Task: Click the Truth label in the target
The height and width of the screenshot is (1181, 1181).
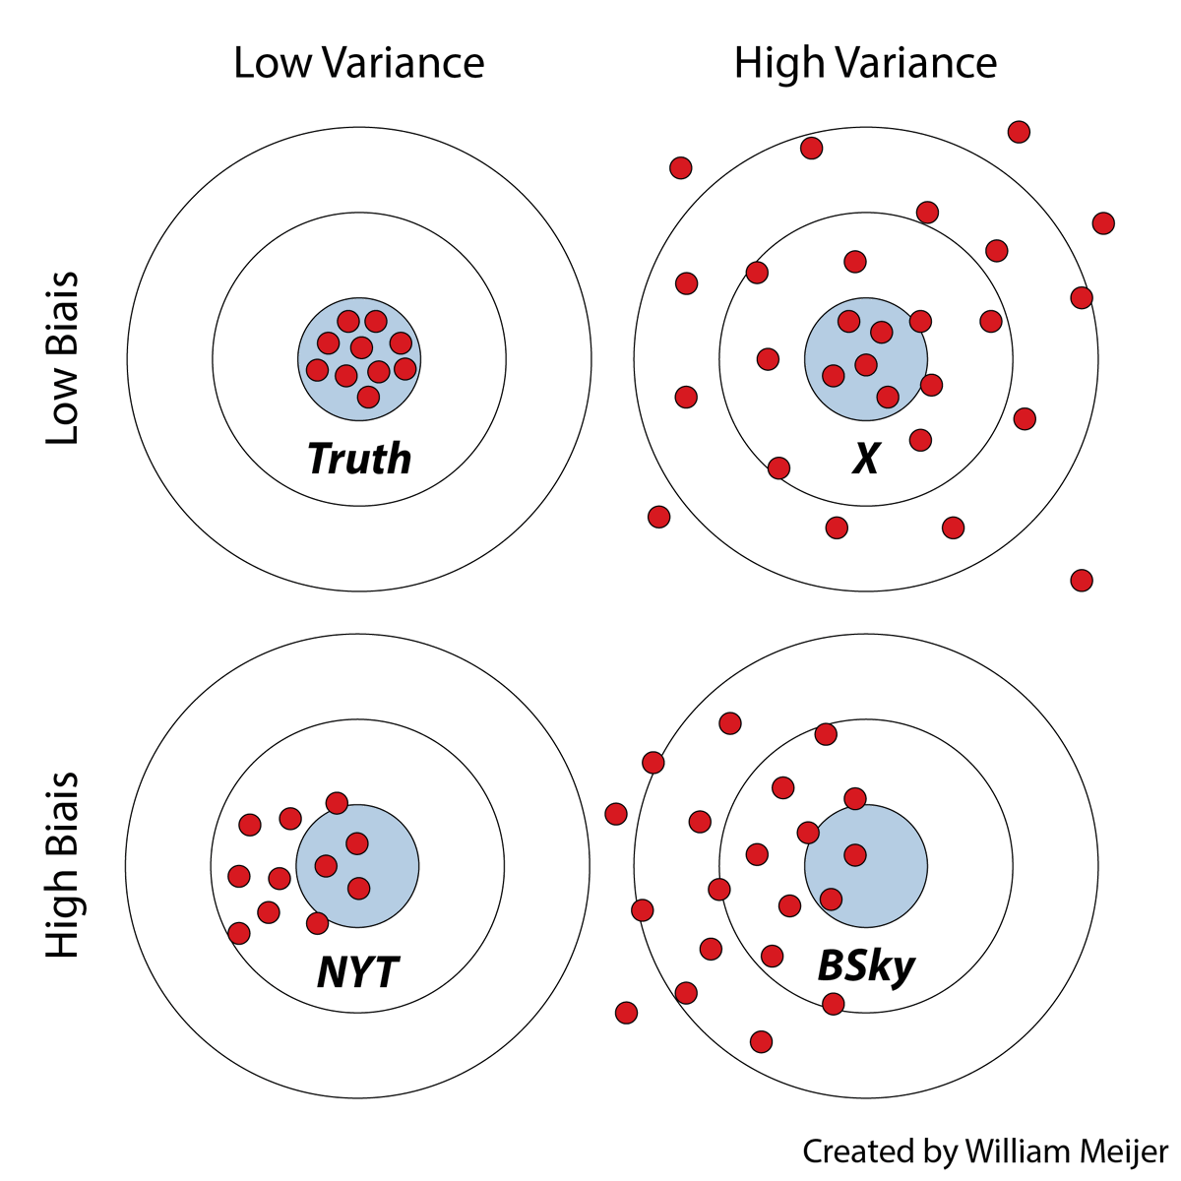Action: click(x=359, y=459)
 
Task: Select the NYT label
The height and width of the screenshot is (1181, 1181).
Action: click(x=358, y=972)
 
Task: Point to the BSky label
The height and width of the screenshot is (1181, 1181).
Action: click(x=866, y=966)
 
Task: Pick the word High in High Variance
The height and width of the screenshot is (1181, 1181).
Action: click(x=778, y=63)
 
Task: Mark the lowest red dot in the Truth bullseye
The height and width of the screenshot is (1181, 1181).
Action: click(x=368, y=397)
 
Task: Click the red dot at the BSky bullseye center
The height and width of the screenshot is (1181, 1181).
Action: click(x=855, y=854)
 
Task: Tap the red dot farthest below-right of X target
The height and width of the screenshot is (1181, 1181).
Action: click(x=1082, y=580)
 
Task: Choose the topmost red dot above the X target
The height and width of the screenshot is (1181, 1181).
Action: click(x=1020, y=132)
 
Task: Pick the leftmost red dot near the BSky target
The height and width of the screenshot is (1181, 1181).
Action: click(x=616, y=814)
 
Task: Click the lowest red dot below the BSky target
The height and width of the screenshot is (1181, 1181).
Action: click(x=761, y=1041)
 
